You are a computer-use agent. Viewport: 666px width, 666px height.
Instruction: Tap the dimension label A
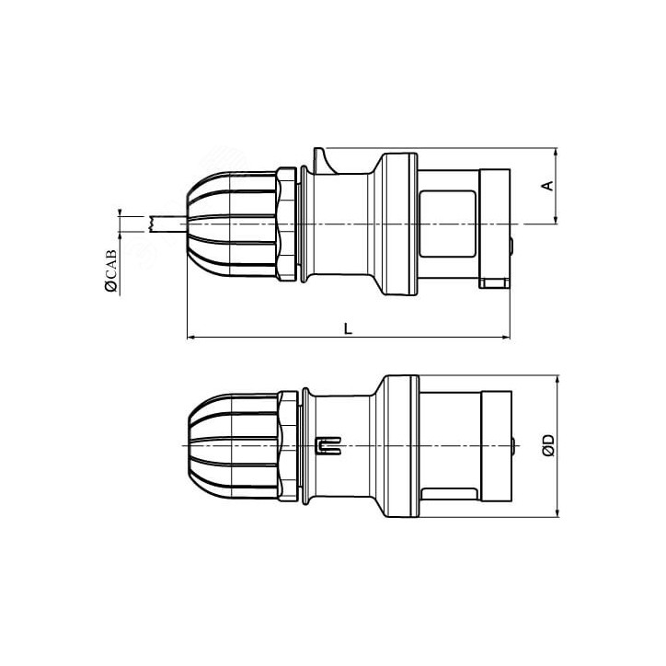[546, 186]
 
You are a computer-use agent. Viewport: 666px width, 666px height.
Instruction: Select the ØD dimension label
[547, 447]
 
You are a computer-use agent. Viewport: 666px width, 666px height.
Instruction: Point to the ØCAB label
[110, 271]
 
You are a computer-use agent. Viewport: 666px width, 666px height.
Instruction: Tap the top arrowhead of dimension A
[557, 154]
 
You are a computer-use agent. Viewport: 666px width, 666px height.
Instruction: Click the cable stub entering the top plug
[166, 224]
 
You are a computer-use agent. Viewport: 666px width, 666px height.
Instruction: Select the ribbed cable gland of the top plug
[234, 224]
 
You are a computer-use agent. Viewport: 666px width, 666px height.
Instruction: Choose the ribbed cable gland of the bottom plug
[234, 446]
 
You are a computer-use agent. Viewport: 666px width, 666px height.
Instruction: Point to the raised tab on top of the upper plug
[322, 158]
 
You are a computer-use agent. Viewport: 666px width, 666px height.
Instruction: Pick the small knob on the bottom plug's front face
[512, 447]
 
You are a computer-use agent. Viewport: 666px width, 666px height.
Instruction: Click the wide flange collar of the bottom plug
[401, 446]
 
